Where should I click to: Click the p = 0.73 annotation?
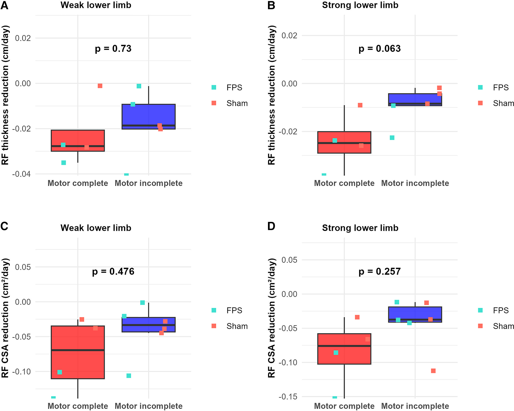tap(113, 49)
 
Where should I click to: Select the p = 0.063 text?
tap(380, 49)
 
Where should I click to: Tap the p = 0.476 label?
tap(113, 272)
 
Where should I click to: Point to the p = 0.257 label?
tap(380, 272)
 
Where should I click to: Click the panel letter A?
tap(4, 5)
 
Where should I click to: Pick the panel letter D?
tap(271, 227)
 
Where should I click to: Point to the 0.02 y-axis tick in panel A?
tap(23, 38)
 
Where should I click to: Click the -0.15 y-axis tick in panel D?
tap(288, 396)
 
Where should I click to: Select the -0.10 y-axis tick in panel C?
tap(23, 372)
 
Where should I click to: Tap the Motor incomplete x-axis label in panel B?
tap(415, 183)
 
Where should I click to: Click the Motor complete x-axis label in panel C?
tap(78, 406)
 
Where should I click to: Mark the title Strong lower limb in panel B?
tap(360, 5)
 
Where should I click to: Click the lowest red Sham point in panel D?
tap(433, 371)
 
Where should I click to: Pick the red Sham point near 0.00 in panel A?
tap(100, 86)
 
